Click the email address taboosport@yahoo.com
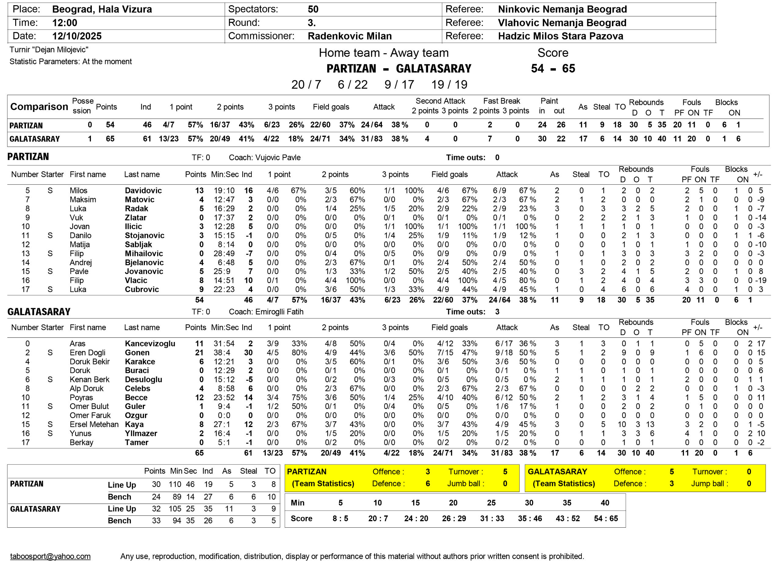(50, 556)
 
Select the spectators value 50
(313, 9)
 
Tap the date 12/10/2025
(77, 36)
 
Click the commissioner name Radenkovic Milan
(350, 36)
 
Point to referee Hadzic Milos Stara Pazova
(560, 36)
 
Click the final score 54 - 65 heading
(553, 69)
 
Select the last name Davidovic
(143, 191)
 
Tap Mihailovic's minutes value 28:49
(224, 254)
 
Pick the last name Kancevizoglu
(150, 344)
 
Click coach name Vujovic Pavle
(278, 158)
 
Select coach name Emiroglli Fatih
(279, 312)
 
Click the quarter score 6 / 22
(353, 85)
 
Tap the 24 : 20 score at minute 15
(416, 518)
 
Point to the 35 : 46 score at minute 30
(530, 518)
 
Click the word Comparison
(39, 107)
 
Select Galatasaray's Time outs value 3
(497, 312)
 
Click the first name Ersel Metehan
(94, 425)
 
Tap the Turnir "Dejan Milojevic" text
(49, 50)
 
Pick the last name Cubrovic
(142, 289)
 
